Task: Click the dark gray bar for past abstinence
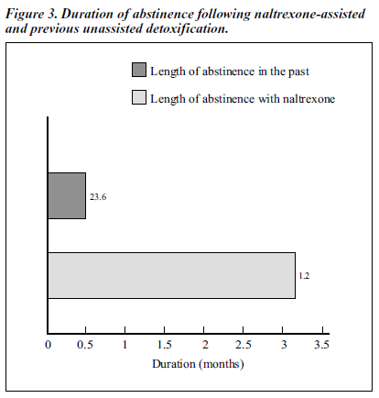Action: coord(67,195)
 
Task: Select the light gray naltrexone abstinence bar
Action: coord(172,275)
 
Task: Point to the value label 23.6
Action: coord(98,197)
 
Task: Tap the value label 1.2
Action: coord(304,276)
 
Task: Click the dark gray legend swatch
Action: coord(139,70)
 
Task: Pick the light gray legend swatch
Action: coord(139,97)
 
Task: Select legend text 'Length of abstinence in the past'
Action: coord(230,72)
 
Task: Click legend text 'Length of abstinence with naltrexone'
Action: coord(243,99)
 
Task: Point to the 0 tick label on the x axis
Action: coord(48,345)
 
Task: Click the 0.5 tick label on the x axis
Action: coord(85,345)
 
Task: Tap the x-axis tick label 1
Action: coord(125,345)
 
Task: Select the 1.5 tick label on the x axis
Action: coord(165,345)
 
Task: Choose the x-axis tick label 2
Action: coord(205,345)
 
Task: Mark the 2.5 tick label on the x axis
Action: coord(244,345)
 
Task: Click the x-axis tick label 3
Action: coord(284,345)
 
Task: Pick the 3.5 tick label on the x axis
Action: coord(322,345)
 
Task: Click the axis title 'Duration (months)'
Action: coord(198,364)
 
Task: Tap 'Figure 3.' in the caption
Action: coord(31,14)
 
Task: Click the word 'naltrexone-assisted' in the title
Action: coord(309,14)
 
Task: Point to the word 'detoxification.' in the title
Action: coord(187,28)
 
